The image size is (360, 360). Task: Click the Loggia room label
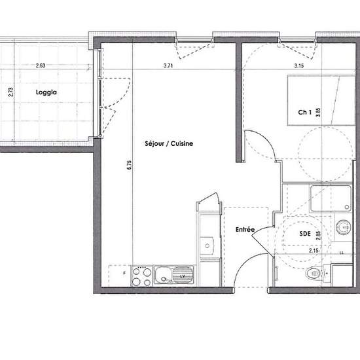pyautogui.click(x=46, y=92)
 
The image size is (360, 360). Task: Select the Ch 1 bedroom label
pyautogui.click(x=304, y=112)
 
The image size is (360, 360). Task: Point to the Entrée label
pyautogui.click(x=245, y=230)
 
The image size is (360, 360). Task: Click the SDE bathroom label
pyautogui.click(x=305, y=232)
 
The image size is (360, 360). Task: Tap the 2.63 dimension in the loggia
pyautogui.click(x=41, y=65)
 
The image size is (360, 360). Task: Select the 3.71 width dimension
pyautogui.click(x=169, y=65)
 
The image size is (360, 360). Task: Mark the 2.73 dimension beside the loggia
pyautogui.click(x=10, y=92)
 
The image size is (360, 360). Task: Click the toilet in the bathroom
pyautogui.click(x=314, y=274)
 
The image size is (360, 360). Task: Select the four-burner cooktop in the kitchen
pyautogui.click(x=141, y=276)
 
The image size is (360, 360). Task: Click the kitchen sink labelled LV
pyautogui.click(x=174, y=276)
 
